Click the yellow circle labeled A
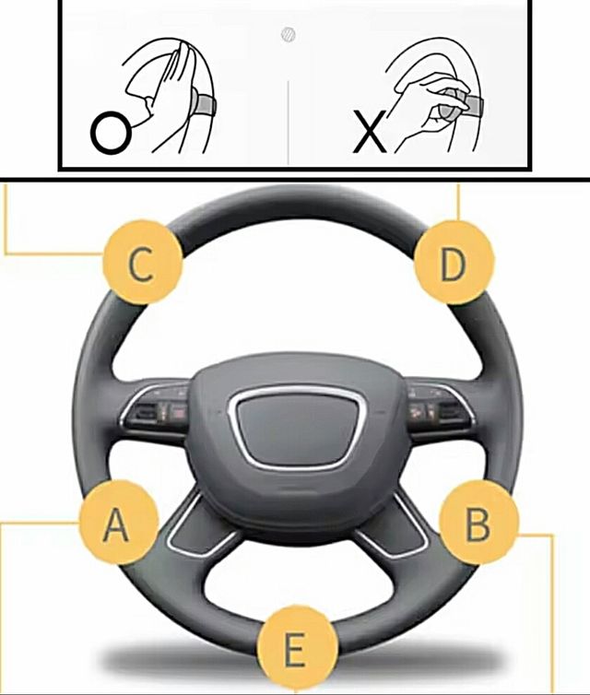click(x=119, y=523)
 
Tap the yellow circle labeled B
click(x=478, y=523)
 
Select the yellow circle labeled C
click(x=143, y=265)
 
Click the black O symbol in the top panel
click(x=111, y=132)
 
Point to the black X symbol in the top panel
click(x=369, y=132)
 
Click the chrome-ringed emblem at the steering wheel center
click(x=297, y=427)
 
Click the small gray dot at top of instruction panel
click(x=289, y=35)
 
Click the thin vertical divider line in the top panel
click(x=289, y=123)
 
